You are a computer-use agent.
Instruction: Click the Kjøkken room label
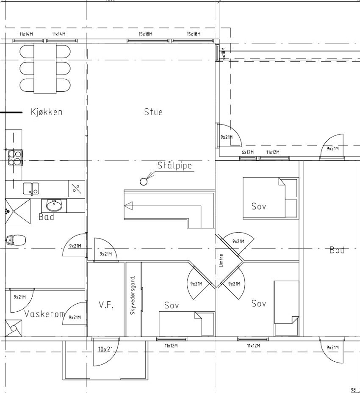click(47, 112)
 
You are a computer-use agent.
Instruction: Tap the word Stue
click(153, 112)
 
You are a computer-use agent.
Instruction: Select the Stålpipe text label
click(174, 165)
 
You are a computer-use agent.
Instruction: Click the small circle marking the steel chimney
click(144, 182)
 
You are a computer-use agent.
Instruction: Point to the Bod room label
click(337, 250)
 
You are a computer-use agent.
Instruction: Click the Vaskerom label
click(44, 314)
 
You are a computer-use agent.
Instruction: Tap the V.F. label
click(105, 305)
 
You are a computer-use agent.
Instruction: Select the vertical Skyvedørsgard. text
click(133, 295)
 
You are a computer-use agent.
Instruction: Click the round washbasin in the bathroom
click(54, 206)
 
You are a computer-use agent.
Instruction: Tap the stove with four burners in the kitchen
click(15, 157)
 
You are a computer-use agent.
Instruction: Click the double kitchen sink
click(31, 187)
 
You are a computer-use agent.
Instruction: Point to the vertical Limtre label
click(221, 260)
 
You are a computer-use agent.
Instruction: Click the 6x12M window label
click(247, 152)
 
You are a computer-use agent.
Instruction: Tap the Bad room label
click(46, 217)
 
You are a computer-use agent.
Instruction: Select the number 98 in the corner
click(354, 390)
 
